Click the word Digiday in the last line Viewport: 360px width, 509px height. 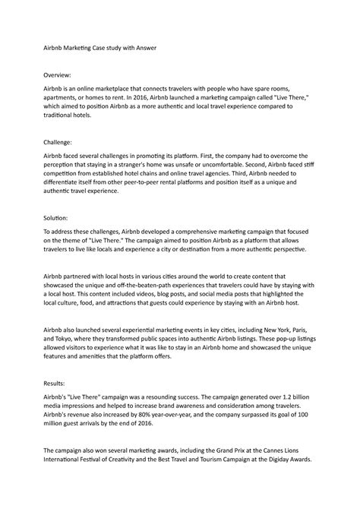coord(286,468)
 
